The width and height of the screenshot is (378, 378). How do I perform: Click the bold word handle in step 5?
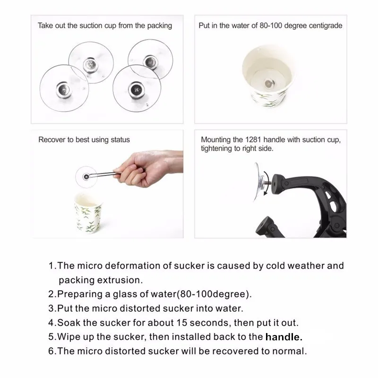(283, 337)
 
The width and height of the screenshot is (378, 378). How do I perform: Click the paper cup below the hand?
(88, 217)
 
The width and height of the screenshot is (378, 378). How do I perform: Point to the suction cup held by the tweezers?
(86, 176)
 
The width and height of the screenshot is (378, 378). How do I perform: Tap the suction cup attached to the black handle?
(260, 181)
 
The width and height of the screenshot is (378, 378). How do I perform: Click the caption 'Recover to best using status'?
(84, 140)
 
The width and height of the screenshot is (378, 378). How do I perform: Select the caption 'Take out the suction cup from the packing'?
(104, 26)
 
